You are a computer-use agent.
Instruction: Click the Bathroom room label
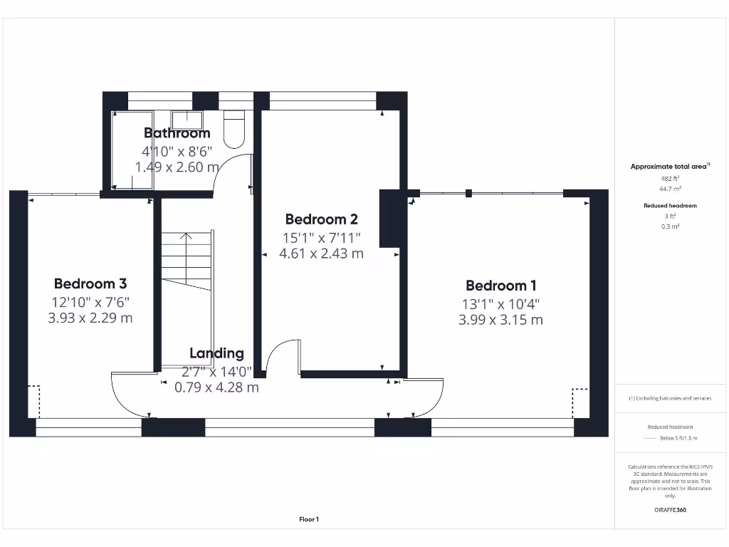tap(177, 133)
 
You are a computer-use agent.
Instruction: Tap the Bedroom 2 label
tap(321, 219)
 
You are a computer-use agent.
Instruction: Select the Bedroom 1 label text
tap(500, 286)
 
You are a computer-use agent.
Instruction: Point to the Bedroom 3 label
tap(90, 283)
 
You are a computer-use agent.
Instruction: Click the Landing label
tap(216, 353)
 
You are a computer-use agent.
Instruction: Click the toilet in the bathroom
tap(234, 128)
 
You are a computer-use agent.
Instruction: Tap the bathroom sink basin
tap(187, 118)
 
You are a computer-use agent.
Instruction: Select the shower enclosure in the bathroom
tap(132, 150)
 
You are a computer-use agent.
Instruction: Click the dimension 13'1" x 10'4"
tap(500, 303)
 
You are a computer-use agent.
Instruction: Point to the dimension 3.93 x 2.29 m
tap(90, 318)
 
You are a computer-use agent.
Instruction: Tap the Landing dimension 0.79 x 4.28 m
tap(216, 388)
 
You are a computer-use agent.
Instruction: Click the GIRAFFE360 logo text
tap(669, 510)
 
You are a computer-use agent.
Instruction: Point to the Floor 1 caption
tap(308, 520)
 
